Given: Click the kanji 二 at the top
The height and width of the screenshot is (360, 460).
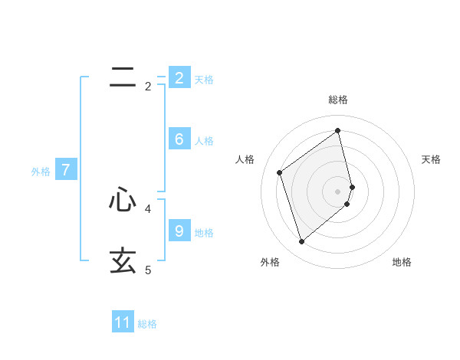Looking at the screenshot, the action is point(123,77).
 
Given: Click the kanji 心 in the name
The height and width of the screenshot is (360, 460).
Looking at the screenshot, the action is point(123,200).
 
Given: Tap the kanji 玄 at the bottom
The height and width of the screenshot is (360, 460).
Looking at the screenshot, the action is point(123,261).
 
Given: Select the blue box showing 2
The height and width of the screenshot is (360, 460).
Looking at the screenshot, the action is point(179,77).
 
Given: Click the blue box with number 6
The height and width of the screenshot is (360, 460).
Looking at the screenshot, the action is point(179,139).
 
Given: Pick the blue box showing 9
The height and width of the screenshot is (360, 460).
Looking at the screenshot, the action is point(179,231).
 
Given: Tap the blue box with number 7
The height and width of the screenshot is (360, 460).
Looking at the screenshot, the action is point(65,170).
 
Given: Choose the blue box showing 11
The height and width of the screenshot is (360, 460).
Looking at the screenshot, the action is point(123,322).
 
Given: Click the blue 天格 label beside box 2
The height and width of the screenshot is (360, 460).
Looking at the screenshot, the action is point(204,79).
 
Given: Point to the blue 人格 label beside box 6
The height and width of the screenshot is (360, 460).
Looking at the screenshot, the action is point(204,141).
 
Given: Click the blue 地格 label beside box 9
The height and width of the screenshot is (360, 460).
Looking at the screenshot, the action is point(204,233).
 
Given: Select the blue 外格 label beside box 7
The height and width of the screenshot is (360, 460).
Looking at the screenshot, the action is point(41,172).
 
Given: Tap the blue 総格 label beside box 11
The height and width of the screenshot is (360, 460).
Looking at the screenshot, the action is point(147,324).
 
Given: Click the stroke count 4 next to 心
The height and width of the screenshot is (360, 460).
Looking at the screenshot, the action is point(148,208).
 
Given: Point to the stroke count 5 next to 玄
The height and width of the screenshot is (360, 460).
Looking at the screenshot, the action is point(148,270).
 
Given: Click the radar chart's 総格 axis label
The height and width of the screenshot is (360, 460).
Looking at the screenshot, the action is point(338,100).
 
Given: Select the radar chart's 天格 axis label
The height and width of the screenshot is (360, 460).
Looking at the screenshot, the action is point(432,159).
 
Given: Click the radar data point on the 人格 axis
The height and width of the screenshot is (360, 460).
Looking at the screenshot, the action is point(280,172).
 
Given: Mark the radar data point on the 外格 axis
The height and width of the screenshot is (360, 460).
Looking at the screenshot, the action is point(302,242).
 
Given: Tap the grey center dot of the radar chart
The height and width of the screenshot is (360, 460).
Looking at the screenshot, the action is point(338,191).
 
